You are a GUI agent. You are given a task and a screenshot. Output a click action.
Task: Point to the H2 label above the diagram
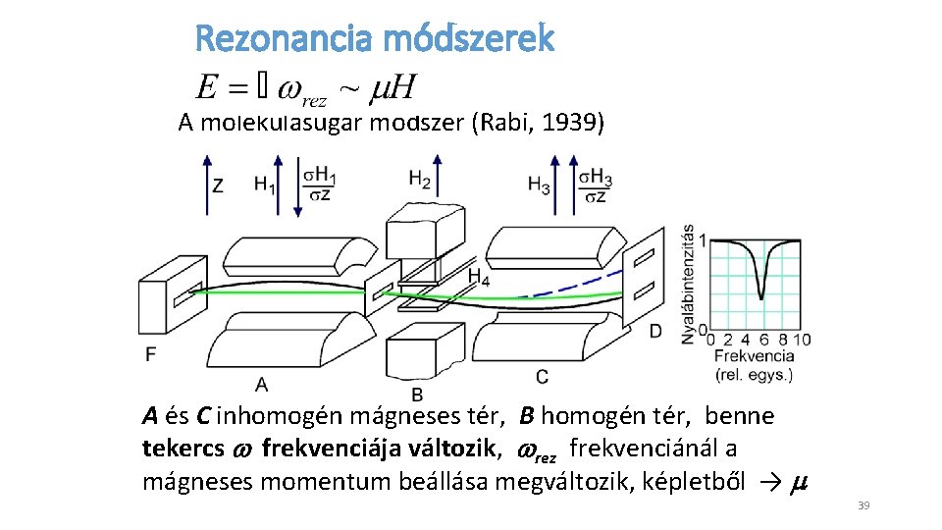click(x=420, y=181)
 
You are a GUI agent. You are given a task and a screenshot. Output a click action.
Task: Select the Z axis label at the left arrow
click(x=218, y=184)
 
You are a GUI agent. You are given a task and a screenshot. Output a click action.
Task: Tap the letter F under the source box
click(x=150, y=352)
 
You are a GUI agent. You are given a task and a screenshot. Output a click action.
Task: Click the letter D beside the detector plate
click(x=655, y=331)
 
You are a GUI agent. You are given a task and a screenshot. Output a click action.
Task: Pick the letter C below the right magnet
click(x=543, y=377)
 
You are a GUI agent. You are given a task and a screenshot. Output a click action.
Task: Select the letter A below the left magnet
click(x=261, y=383)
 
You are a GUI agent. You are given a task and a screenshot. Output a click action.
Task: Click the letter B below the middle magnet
click(x=417, y=395)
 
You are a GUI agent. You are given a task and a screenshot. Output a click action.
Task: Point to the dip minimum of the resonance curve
click(x=761, y=296)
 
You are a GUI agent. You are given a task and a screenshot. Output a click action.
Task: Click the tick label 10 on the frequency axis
click(x=802, y=340)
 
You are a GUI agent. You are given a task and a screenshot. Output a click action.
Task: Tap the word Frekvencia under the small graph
click(x=754, y=356)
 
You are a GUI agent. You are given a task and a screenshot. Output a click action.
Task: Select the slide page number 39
click(x=863, y=505)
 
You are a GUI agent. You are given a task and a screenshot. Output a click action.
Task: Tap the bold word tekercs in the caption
click(x=181, y=449)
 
